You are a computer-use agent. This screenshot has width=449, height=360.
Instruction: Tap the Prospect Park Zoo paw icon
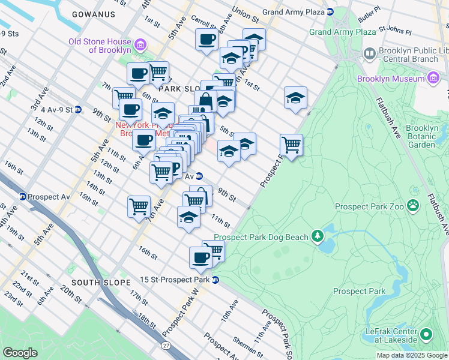click(413, 206)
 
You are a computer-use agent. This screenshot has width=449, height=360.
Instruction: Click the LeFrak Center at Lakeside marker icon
click(426, 334)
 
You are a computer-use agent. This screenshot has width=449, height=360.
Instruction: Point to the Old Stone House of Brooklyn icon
click(140, 44)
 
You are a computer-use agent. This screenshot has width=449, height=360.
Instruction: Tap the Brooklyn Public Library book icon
click(369, 54)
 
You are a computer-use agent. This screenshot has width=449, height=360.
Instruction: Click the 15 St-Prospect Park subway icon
click(215, 280)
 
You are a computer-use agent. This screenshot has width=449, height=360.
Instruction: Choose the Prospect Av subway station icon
click(22, 197)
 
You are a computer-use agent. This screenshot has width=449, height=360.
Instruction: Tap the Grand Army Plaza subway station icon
click(330, 12)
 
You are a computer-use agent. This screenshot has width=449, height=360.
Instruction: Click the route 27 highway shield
click(166, 346)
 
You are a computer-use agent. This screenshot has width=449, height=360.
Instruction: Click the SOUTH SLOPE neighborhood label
click(100, 282)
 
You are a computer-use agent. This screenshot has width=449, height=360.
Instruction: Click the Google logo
click(21, 353)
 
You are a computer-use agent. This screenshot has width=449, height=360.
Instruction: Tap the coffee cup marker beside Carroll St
click(206, 40)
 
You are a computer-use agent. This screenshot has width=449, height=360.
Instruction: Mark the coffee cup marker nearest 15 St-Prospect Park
click(200, 257)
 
